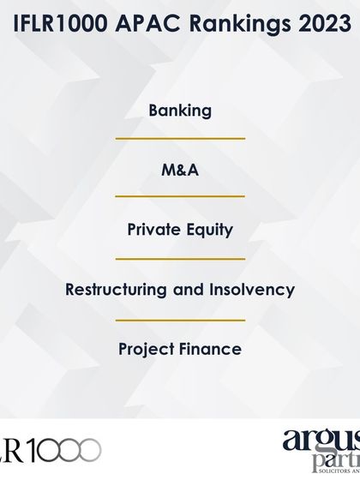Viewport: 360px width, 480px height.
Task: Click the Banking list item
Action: click(180, 111)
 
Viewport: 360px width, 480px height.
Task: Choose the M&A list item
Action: click(180, 171)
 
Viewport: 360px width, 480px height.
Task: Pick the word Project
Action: click(148, 349)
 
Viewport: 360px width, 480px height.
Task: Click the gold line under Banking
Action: click(180, 138)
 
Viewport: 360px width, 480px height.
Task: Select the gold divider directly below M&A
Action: click(180, 197)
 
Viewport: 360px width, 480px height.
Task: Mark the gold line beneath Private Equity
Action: click(180, 257)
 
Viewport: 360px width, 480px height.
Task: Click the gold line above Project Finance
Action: click(180, 320)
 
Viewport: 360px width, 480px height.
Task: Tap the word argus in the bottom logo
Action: click(323, 442)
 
